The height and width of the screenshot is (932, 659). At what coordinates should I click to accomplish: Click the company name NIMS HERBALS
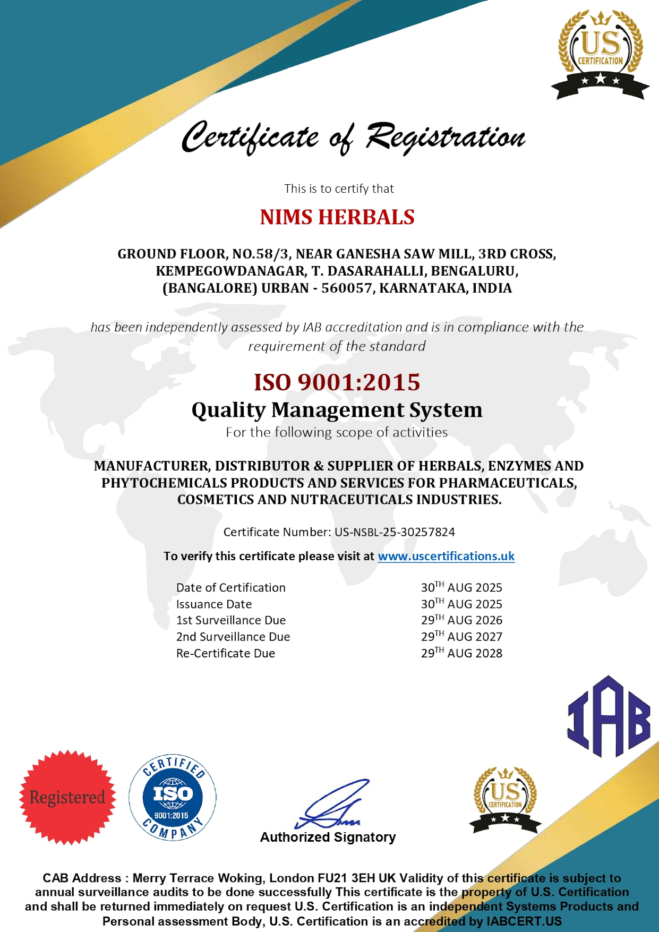pyautogui.click(x=337, y=217)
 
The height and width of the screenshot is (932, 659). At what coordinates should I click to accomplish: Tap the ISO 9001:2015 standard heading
pyautogui.click(x=337, y=382)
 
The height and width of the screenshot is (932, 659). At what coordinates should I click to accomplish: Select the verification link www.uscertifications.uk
pyautogui.click(x=446, y=556)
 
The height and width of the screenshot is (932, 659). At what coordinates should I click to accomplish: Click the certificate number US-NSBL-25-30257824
pyautogui.click(x=395, y=532)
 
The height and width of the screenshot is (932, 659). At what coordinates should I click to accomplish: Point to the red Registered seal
pyautogui.click(x=67, y=797)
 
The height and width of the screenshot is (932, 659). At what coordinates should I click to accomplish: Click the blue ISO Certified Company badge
pyautogui.click(x=173, y=797)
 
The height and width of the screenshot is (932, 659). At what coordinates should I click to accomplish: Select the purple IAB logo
pyautogui.click(x=609, y=717)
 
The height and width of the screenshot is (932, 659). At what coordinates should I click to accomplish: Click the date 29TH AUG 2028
pyautogui.click(x=461, y=653)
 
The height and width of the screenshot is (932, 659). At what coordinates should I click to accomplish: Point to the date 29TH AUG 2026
pyautogui.click(x=461, y=620)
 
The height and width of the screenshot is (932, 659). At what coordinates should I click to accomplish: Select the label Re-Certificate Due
pyautogui.click(x=226, y=653)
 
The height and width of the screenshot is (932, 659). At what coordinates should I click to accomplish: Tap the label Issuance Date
pyautogui.click(x=214, y=604)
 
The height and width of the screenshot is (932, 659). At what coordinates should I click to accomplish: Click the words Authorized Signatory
pyautogui.click(x=328, y=837)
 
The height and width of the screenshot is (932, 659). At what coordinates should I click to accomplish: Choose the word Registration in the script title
pyautogui.click(x=445, y=137)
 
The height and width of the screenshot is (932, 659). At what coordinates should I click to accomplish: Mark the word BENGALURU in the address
pyautogui.click(x=474, y=271)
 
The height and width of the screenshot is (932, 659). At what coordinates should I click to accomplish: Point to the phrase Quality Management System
pyautogui.click(x=337, y=410)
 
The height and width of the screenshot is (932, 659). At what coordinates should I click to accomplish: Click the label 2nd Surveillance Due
pyautogui.click(x=233, y=637)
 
